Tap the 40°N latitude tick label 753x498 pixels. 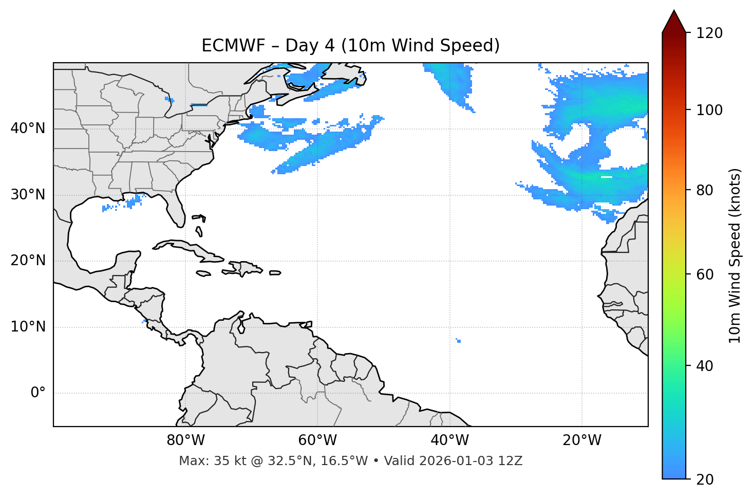(x=28, y=128)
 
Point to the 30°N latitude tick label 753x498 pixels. (x=28, y=195)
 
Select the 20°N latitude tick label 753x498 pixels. (x=28, y=261)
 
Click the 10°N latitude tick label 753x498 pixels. (x=28, y=327)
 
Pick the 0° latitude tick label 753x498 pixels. (x=38, y=393)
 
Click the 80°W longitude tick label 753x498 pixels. (x=185, y=440)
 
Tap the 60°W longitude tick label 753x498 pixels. (x=317, y=440)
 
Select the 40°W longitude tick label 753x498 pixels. (x=449, y=440)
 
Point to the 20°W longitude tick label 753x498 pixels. (x=582, y=440)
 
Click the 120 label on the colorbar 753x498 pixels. (x=709, y=33)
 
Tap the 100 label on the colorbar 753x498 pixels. (x=709, y=110)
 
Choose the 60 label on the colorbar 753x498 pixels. (x=705, y=274)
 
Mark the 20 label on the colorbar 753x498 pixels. (x=705, y=479)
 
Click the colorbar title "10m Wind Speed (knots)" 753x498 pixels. (x=735, y=255)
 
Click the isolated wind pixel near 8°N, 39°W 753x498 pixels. (x=458, y=341)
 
